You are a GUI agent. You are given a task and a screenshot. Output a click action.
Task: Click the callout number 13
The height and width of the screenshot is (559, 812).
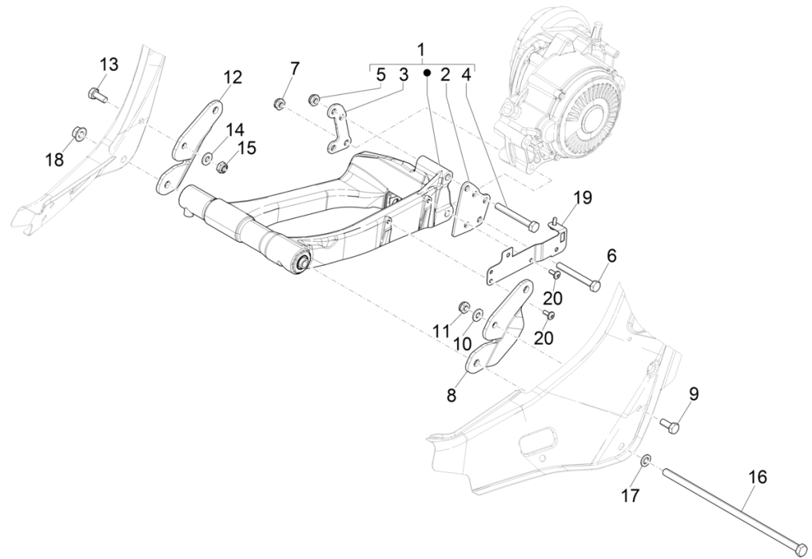pos(109,64)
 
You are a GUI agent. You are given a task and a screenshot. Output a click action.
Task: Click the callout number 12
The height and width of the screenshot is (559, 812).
pos(232,77)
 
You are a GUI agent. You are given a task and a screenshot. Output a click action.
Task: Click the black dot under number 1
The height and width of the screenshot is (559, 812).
pos(428,73)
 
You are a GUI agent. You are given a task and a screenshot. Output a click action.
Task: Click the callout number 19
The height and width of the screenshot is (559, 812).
pos(582,198)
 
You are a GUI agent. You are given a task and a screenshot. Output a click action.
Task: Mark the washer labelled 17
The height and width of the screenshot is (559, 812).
pos(646,460)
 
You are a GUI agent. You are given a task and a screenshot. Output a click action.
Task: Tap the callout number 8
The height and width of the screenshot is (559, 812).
pos(452,395)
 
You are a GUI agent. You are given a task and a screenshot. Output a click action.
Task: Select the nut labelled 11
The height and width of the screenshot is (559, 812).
pos(462,308)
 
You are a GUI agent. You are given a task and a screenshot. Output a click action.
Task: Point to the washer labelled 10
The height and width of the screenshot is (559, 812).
pos(478,315)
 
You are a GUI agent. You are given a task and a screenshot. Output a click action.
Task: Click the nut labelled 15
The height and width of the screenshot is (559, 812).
pos(224,167)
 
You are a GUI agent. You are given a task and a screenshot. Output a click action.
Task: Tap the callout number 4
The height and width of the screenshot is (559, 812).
pos(466,75)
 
